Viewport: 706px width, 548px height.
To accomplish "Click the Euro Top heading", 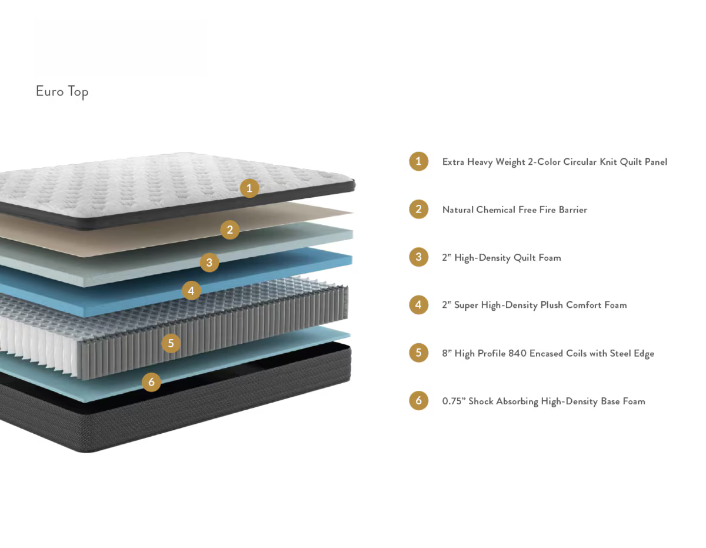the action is (62, 92).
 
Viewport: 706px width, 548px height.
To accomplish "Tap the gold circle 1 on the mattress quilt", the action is (249, 188).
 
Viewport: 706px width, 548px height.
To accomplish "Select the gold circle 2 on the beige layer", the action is (229, 230).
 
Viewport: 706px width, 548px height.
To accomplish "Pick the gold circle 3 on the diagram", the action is (209, 263).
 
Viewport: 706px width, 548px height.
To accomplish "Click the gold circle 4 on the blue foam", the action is (191, 291).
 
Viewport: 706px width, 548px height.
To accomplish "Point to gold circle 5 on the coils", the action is (171, 343).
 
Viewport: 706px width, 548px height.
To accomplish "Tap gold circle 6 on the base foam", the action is (151, 382).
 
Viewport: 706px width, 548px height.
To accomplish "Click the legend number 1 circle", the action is (418, 161).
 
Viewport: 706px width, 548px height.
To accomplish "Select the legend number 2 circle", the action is (418, 209).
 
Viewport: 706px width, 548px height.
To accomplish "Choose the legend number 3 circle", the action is (418, 257).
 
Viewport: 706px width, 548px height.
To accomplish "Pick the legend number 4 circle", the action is (418, 304).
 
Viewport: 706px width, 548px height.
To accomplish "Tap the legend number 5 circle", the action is (418, 353).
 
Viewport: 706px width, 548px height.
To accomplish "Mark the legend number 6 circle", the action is (418, 400).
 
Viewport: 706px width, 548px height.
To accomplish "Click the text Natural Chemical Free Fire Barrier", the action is (515, 210).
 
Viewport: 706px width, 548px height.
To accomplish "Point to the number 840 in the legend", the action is (517, 353).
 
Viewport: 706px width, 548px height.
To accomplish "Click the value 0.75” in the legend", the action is (454, 401).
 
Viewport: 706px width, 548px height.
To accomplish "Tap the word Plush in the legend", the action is (552, 305).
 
